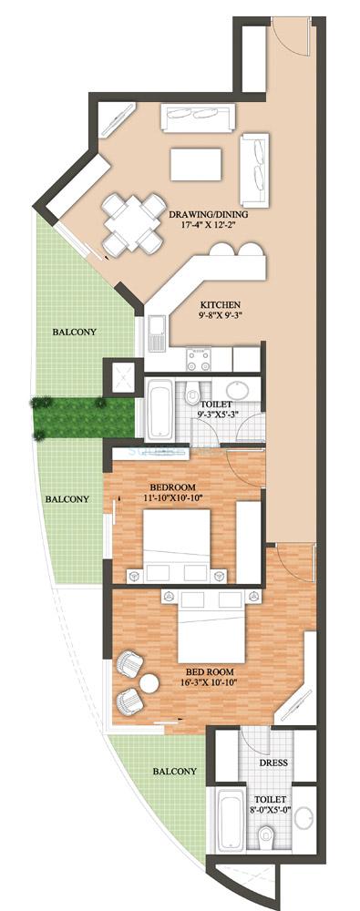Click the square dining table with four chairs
pos(127,221)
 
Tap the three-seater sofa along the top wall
pos(197,118)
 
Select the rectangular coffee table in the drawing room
pos(197,164)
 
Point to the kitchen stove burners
pos(199,356)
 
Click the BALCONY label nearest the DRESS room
pos(174,771)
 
